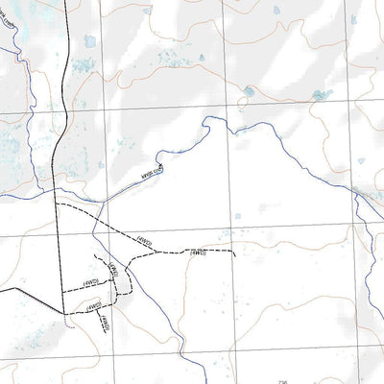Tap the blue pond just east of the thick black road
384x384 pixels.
(90, 42)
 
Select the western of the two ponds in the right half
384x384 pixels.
(250, 91)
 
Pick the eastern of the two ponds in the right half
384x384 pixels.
(321, 96)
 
